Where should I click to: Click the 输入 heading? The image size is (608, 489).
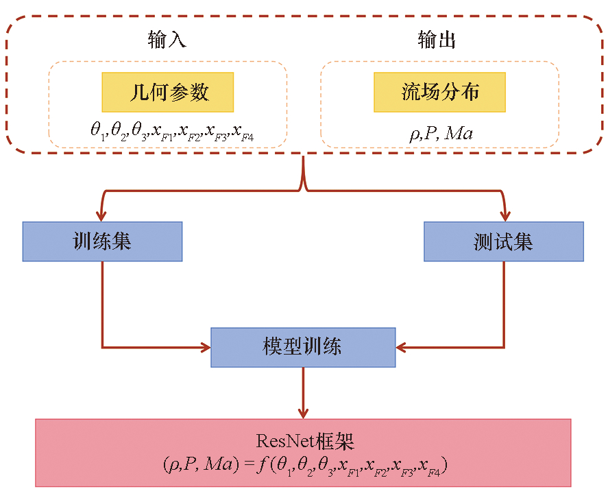click(167, 40)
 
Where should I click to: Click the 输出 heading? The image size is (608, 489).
click(437, 40)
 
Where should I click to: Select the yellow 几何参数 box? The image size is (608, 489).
click(168, 92)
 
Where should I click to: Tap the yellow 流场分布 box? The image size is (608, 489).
click(439, 92)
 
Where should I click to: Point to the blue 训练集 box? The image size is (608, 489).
click(102, 241)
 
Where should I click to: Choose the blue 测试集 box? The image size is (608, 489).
click(503, 241)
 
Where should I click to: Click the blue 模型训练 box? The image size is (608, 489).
click(303, 347)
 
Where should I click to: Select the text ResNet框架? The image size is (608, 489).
click(303, 440)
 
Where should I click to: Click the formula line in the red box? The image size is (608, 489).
click(303, 466)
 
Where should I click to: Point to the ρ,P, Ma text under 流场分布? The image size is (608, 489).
click(440, 132)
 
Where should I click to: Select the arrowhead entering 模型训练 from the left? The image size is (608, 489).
click(205, 347)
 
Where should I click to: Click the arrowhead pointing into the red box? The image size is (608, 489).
click(303, 413)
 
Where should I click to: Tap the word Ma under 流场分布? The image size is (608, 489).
click(458, 132)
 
